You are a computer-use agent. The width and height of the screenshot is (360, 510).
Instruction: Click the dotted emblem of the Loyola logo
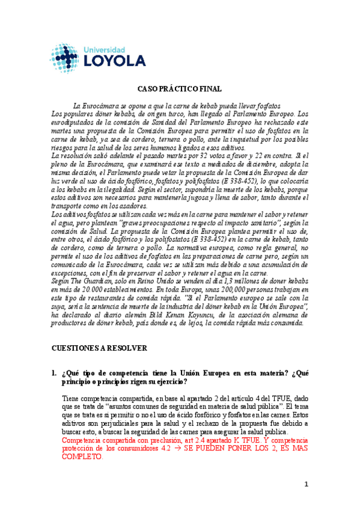61,55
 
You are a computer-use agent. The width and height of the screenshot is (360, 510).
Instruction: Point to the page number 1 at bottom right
306,484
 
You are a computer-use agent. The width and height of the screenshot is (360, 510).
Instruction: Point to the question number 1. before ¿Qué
54,373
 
